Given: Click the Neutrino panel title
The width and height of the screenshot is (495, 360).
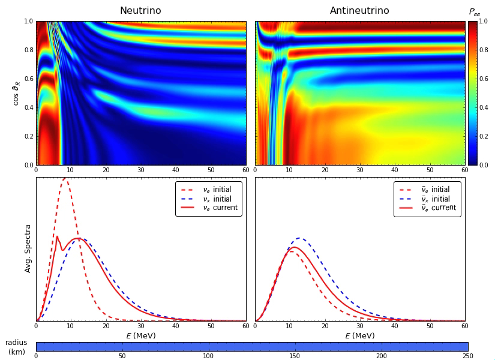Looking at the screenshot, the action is point(140,10).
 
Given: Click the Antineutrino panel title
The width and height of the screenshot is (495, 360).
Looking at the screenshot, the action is point(359,10).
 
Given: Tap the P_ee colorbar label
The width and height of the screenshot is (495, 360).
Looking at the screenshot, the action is point(475,12).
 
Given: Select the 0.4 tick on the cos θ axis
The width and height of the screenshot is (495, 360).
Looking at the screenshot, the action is point(29,107).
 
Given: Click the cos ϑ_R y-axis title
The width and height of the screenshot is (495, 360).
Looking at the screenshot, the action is point(16,93).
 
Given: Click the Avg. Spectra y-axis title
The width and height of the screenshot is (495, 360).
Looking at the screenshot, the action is point(28,248).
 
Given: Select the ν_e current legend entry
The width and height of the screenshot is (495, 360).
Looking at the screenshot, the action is point(209,208).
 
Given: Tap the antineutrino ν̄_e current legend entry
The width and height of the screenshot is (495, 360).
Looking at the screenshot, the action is point(427,208).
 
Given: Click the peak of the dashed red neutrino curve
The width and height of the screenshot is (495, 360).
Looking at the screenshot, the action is point(65,178).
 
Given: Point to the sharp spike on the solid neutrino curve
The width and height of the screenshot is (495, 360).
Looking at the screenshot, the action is point(57,236).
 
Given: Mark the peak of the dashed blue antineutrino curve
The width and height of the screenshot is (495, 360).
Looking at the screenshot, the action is point(299,238).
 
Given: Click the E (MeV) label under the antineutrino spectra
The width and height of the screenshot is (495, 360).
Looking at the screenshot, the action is point(359,335).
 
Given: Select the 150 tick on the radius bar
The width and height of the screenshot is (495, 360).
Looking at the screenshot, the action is point(295,356).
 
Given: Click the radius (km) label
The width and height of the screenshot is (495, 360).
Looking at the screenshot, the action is point(16,347).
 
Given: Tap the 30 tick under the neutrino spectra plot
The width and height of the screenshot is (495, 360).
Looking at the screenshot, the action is point(140,326).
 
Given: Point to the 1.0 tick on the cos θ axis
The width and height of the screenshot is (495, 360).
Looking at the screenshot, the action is point(29,21).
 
